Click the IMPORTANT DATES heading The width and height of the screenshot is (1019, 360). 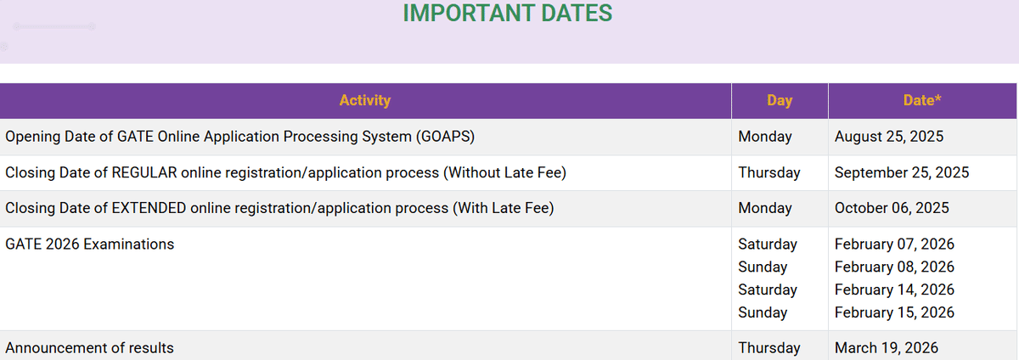pos(507,14)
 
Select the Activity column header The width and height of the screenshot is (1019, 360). pos(365,100)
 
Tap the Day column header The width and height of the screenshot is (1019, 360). pos(780,100)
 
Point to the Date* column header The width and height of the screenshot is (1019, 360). pos(922,100)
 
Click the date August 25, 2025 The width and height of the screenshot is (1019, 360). pos(889,137)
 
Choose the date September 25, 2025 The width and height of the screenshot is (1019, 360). pos(902,172)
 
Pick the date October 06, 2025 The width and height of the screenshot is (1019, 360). pos(892,208)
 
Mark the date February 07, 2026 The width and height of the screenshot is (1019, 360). pos(894,245)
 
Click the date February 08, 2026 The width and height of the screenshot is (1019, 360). pos(894,267)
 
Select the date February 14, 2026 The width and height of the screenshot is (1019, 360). pos(894,290)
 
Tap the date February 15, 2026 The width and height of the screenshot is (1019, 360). pos(894,312)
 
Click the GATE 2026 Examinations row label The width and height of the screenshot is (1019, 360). pos(90,245)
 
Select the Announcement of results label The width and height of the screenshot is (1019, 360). pos(90,348)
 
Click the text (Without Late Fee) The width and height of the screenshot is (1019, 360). pos(504,172)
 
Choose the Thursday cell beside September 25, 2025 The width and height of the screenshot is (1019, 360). pos(769,172)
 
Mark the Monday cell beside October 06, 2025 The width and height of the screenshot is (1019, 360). pos(765,208)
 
